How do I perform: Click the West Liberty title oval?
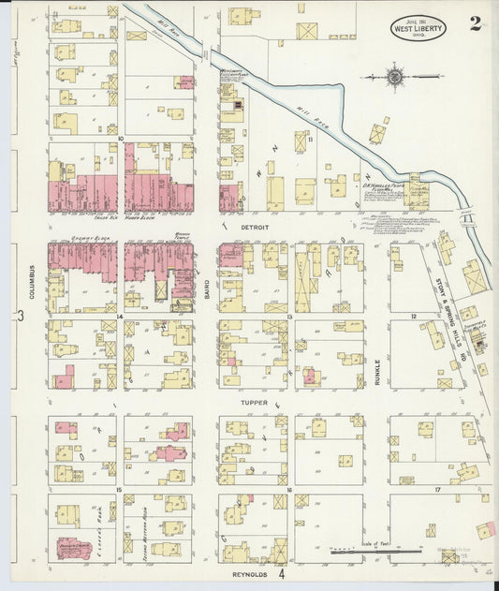point(418,28)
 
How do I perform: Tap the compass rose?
point(394,77)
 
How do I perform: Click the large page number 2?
point(477,23)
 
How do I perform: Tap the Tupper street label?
point(256,403)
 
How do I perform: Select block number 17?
point(436,490)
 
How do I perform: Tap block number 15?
point(120,490)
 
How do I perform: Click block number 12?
point(412,318)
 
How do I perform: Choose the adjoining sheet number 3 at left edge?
point(20,316)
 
